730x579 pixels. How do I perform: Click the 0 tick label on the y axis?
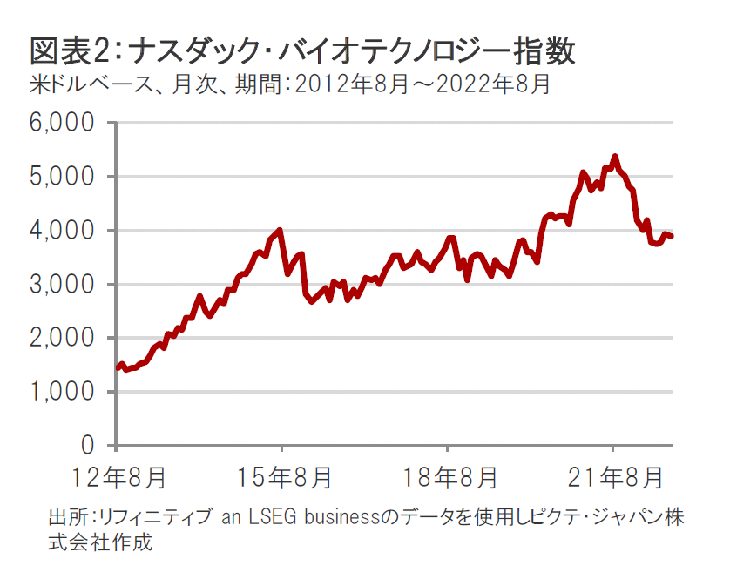[86, 446]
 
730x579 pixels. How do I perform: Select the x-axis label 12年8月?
[117, 477]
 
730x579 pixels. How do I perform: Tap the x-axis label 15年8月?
[281, 477]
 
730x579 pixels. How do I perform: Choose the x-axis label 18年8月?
[447, 477]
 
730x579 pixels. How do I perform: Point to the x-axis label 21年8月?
[612, 477]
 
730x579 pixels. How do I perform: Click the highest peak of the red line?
[615, 157]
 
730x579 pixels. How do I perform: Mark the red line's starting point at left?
[118, 368]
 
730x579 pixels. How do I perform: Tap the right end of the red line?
[672, 236]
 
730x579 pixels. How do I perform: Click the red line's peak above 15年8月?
[280, 230]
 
